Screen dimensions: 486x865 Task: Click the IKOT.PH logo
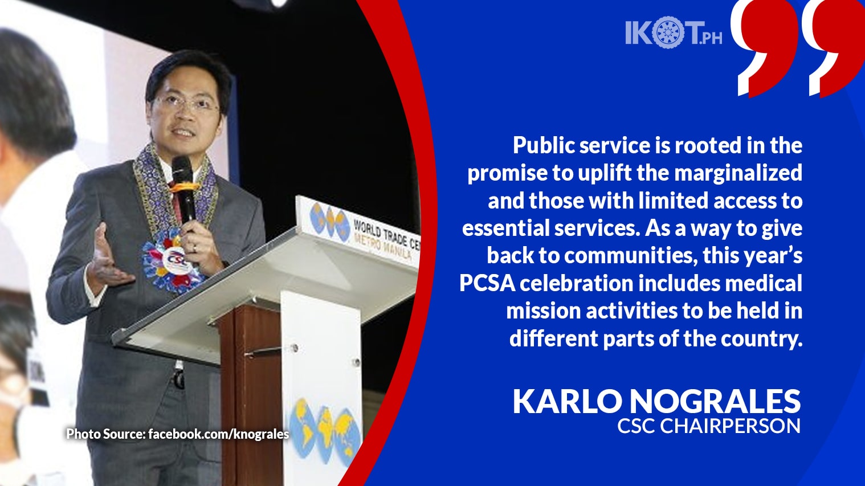coord(674,33)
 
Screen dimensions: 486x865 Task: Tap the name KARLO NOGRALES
coord(656,401)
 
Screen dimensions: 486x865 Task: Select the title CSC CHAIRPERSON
coord(709,426)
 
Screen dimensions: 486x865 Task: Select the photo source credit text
coord(178,434)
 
